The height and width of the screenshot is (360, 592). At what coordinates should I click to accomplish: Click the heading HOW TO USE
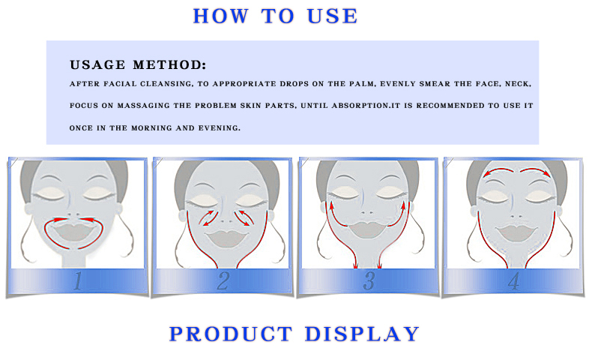point(275,16)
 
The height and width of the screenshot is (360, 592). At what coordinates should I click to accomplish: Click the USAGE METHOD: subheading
point(137,65)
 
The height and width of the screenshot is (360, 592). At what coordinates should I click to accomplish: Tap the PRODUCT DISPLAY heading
point(295,334)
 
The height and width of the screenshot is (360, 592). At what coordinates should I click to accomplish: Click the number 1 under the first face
point(78,281)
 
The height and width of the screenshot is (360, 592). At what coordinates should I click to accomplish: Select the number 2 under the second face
point(223,281)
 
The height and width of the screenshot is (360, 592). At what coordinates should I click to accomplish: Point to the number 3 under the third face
point(369,281)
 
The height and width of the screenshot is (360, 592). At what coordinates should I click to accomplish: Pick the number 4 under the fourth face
point(513,281)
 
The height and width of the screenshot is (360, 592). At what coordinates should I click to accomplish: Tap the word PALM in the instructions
point(366,84)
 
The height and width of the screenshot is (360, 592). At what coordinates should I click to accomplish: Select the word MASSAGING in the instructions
point(147,106)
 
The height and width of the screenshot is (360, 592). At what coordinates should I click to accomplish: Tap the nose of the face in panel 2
point(223,212)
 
